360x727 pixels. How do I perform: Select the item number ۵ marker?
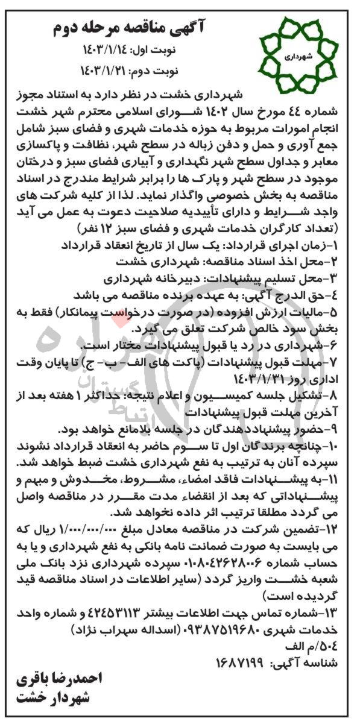click(333, 312)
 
